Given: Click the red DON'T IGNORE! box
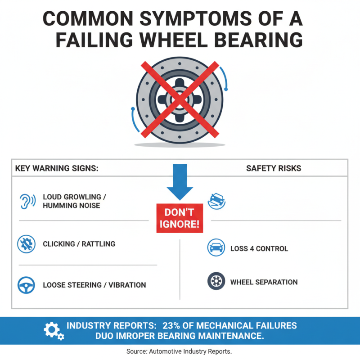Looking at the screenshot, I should [180, 218].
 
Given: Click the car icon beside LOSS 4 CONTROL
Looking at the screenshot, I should [216, 248].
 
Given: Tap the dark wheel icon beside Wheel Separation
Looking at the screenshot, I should [216, 282].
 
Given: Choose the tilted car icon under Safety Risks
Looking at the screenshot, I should [216, 199].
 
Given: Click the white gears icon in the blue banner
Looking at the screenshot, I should [54, 331].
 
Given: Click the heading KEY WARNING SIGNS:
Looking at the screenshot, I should [57, 169].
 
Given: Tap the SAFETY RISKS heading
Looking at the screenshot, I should [274, 169].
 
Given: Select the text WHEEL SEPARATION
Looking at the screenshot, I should [264, 282].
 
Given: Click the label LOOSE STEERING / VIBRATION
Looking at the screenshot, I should [94, 285].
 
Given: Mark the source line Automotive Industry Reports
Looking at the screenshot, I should [180, 351].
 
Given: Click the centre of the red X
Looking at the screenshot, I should [180, 99].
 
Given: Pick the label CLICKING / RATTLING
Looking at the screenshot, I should [79, 244].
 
